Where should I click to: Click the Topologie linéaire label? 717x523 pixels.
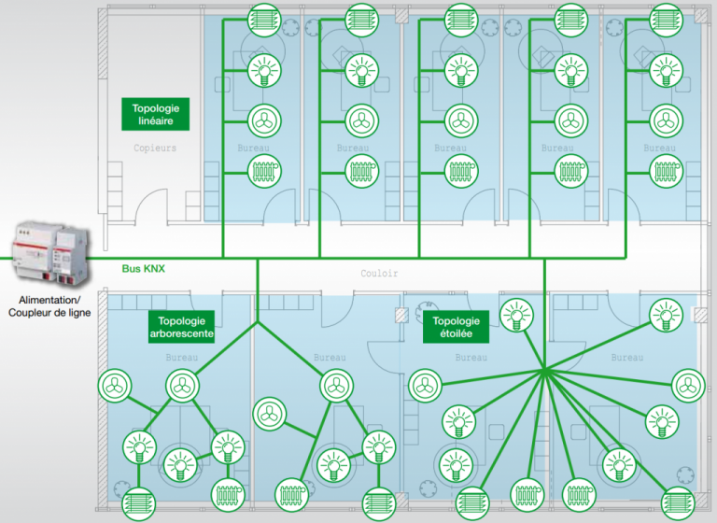pos(155,115)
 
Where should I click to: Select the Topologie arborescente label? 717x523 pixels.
pos(181,326)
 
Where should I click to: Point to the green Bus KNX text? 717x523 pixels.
pos(144,269)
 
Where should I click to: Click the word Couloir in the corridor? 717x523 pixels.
pos(379,274)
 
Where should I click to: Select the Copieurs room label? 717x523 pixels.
pos(154,148)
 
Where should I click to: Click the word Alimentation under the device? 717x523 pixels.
pos(45,300)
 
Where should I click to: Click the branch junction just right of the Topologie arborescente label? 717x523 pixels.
pos(257,323)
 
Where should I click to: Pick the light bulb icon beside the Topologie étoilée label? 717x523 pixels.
pos(518,315)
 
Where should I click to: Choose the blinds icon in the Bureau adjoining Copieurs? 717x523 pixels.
pos(264,20)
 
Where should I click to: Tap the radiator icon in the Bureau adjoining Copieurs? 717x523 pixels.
pos(264,172)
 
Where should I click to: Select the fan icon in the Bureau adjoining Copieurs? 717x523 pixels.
pos(264,120)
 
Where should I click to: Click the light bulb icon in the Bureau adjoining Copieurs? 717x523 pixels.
pos(264,70)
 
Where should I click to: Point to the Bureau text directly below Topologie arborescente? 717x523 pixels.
pos(181,358)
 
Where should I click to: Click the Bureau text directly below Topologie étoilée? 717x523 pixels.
pos(471,358)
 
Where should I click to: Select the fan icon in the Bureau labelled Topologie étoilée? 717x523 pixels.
pos(425,385)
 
